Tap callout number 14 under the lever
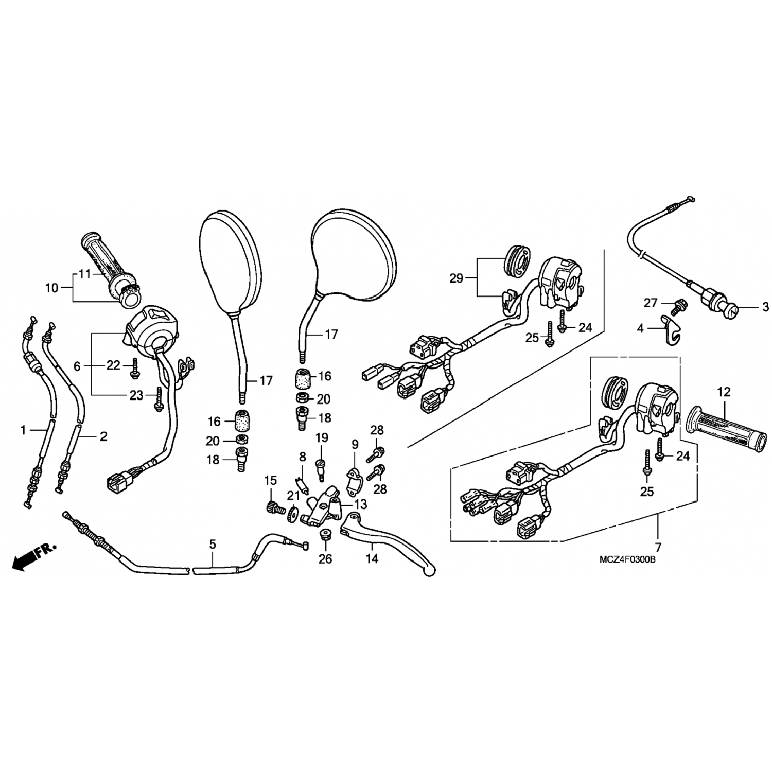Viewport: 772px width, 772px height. [372, 558]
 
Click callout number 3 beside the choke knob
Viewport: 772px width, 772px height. [765, 307]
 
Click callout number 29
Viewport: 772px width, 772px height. [457, 279]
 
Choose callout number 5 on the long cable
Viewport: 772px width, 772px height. [213, 543]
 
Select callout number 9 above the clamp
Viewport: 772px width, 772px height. [355, 444]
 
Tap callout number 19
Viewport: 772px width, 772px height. [322, 438]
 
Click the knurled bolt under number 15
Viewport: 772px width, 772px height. [273, 508]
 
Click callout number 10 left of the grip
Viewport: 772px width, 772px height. [51, 288]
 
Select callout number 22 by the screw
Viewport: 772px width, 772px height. [113, 365]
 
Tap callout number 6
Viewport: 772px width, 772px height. [77, 366]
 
